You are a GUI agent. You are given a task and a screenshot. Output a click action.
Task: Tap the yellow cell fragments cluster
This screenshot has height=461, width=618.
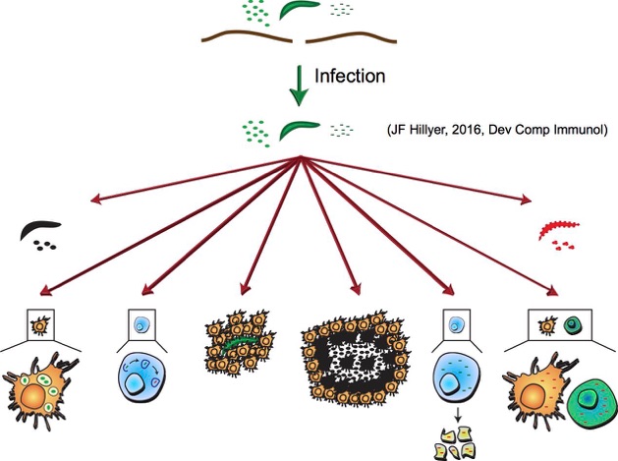(x=452, y=443)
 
